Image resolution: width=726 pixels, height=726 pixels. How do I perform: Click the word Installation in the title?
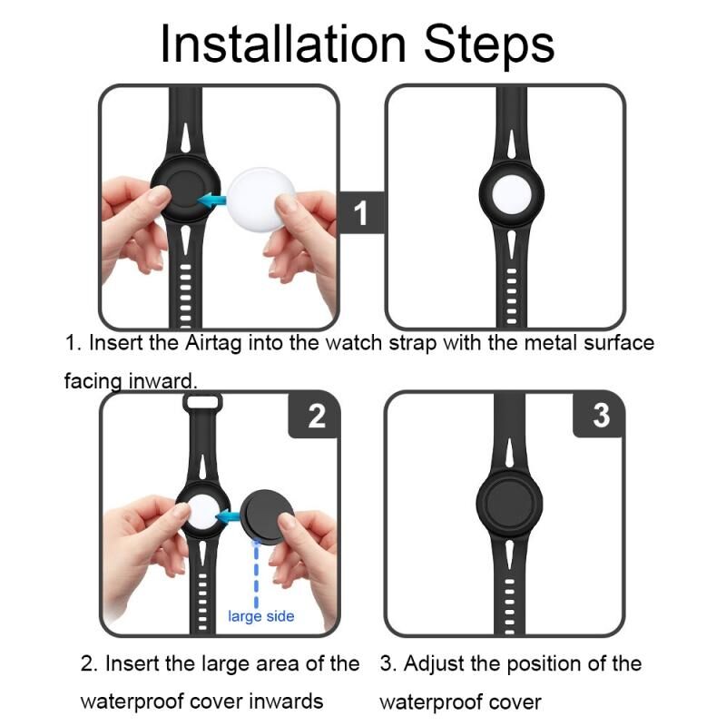coord(283,44)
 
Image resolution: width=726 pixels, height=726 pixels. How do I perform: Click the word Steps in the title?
coord(489,45)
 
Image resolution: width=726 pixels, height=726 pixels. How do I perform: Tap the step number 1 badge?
coord(361,213)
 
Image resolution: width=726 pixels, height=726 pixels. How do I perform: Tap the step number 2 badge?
coord(316,416)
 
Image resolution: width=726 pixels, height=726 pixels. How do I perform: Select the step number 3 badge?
coord(600,415)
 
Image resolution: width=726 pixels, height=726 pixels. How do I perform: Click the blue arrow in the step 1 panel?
coord(212,201)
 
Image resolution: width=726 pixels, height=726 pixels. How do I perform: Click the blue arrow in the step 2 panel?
coord(229,515)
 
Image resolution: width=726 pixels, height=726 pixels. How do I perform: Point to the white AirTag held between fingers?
coord(260,200)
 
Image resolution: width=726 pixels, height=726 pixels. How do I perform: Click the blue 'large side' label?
coord(261,616)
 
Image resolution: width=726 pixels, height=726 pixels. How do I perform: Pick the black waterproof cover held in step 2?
coord(268,516)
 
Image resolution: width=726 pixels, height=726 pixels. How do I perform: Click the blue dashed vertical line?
coord(256,574)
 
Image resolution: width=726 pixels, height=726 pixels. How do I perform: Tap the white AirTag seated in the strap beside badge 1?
coord(512,194)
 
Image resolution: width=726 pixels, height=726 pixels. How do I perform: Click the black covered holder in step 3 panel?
coord(509,504)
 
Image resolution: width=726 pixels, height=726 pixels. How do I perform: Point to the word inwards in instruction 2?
coord(286,701)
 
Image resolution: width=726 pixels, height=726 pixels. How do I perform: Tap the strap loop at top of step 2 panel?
coord(202,401)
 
